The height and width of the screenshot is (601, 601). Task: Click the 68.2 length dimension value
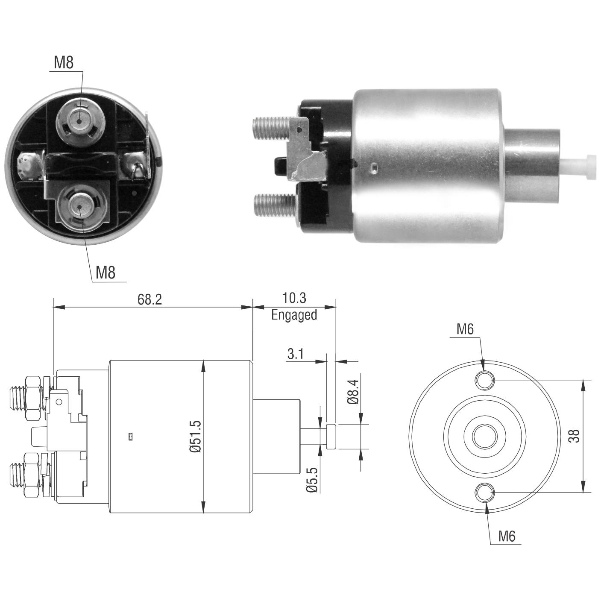(x=150, y=299)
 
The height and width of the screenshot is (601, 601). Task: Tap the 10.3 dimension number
(x=294, y=298)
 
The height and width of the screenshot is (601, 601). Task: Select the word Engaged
(x=294, y=315)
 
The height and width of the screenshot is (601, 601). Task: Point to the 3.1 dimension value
(x=295, y=354)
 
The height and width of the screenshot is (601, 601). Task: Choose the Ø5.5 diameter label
(x=312, y=480)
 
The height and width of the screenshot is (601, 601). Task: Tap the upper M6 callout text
(x=465, y=329)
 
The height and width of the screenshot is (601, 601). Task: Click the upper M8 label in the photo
(x=64, y=62)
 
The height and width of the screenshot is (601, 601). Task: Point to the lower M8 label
(x=106, y=272)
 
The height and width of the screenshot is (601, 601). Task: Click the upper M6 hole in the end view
(x=485, y=380)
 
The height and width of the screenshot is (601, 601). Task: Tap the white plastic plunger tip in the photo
(x=578, y=167)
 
